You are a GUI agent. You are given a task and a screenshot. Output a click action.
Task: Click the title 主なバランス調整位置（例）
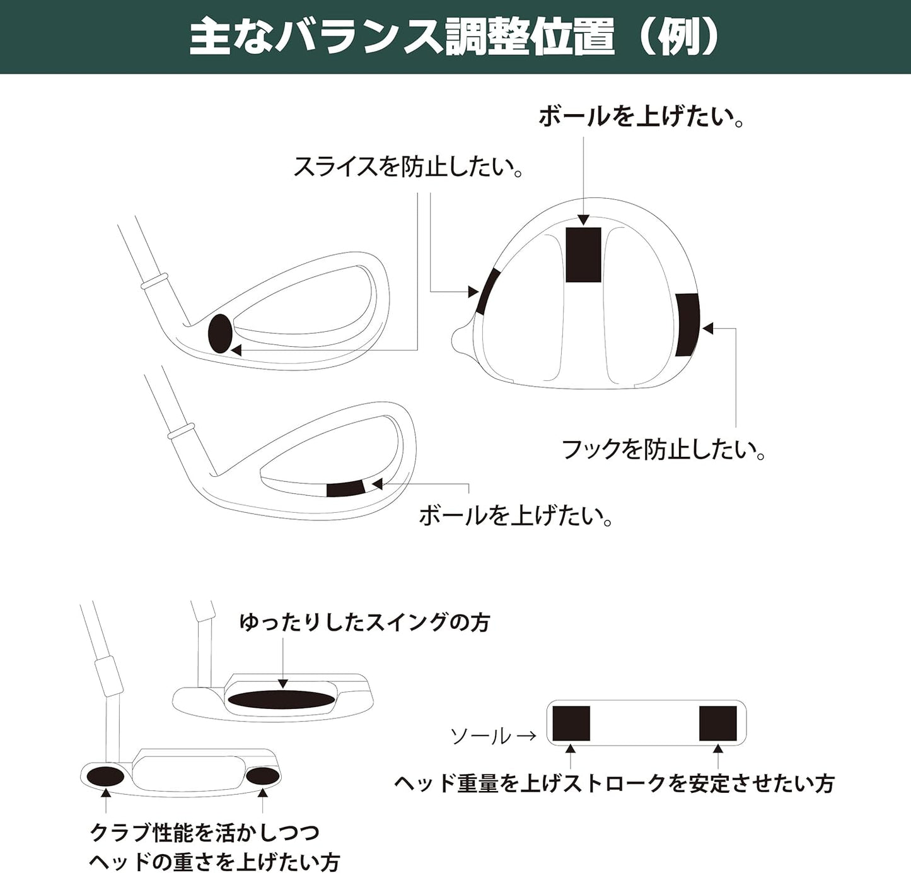pos(455,38)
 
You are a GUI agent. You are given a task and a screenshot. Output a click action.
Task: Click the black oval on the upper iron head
pos(220,334)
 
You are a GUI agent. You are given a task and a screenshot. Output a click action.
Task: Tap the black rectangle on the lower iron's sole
pos(345,488)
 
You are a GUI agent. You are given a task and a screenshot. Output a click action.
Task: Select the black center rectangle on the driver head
pos(583,254)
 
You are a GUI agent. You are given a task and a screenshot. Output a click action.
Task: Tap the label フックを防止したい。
pos(663,450)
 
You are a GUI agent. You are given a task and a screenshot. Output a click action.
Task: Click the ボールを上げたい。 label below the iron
pos(516,515)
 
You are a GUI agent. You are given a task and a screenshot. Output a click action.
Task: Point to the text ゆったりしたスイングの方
pos(364,623)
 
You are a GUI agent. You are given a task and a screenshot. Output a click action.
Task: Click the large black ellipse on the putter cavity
pos(282,698)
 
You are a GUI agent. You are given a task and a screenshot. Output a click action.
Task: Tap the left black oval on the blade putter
pos(105,776)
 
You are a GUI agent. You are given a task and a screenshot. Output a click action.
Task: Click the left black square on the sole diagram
pos(571,724)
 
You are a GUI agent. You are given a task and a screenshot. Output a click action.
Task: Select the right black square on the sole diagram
pos(718,724)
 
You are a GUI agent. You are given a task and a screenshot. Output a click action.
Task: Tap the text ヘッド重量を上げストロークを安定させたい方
pos(614,783)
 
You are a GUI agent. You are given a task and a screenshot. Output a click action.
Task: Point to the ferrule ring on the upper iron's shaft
pos(154,280)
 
